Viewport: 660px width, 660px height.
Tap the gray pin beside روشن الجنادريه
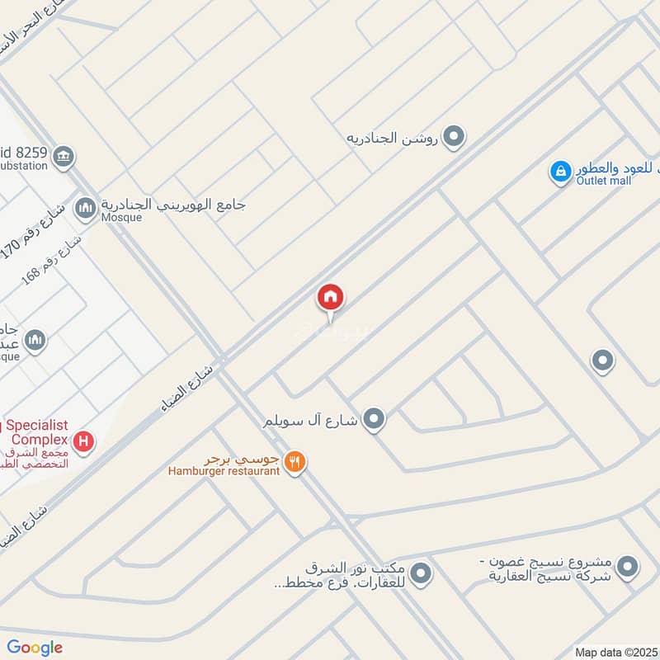[453, 137]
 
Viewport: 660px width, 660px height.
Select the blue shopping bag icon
[560, 172]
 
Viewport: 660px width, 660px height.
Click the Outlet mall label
[604, 181]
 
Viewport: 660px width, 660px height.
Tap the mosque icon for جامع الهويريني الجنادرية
[85, 209]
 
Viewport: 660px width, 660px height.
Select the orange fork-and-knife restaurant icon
[295, 463]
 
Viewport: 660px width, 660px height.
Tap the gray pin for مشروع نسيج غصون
[628, 568]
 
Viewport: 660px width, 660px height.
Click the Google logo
[35, 648]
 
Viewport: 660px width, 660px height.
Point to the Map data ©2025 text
[616, 652]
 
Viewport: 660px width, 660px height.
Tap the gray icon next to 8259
[64, 155]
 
